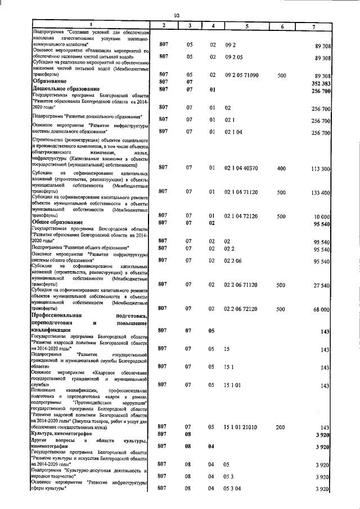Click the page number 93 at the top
[x=176, y=15]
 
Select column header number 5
[x=246, y=27]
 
